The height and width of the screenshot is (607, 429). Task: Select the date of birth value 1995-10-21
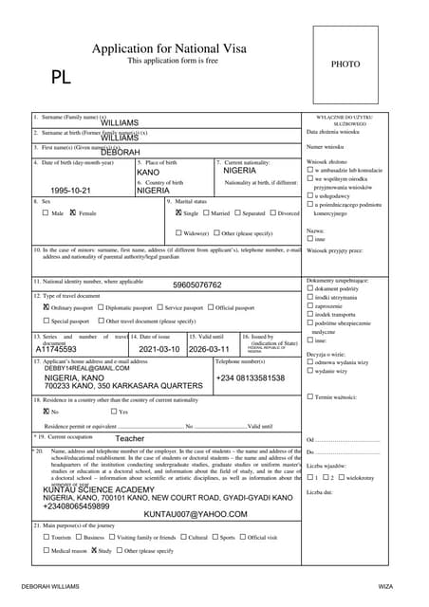click(x=71, y=191)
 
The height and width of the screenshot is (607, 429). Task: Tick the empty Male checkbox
click(x=46, y=213)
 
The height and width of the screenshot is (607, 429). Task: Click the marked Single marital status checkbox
click(x=178, y=213)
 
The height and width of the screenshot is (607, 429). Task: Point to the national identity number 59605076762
click(x=196, y=285)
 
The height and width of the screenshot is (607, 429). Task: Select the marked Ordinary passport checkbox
click(x=46, y=308)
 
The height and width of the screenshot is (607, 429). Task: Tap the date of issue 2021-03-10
click(x=159, y=349)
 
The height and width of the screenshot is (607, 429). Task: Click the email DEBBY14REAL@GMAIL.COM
click(x=81, y=368)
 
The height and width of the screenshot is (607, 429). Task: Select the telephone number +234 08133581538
click(x=250, y=378)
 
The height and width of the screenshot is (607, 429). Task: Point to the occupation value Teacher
click(x=129, y=439)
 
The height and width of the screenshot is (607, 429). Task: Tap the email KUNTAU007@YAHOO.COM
click(x=195, y=514)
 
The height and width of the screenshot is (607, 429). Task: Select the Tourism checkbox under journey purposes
click(x=46, y=538)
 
